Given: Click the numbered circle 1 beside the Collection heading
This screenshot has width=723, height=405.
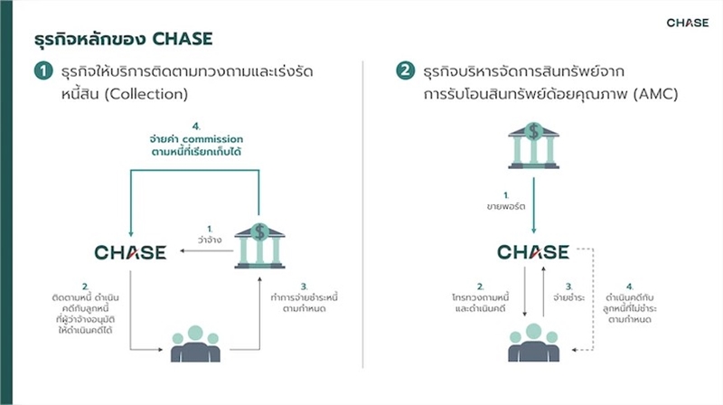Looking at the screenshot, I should [42, 71].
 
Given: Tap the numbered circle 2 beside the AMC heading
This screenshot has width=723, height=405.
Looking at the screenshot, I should [406, 71].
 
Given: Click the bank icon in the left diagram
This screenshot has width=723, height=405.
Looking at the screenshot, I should [260, 244].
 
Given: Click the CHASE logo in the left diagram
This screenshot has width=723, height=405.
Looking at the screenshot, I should [130, 251].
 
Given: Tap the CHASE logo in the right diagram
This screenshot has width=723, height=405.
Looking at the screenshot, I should [533, 251].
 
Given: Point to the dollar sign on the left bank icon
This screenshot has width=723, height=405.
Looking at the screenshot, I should [260, 231].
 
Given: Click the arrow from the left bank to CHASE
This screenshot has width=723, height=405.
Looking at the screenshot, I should [206, 253].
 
